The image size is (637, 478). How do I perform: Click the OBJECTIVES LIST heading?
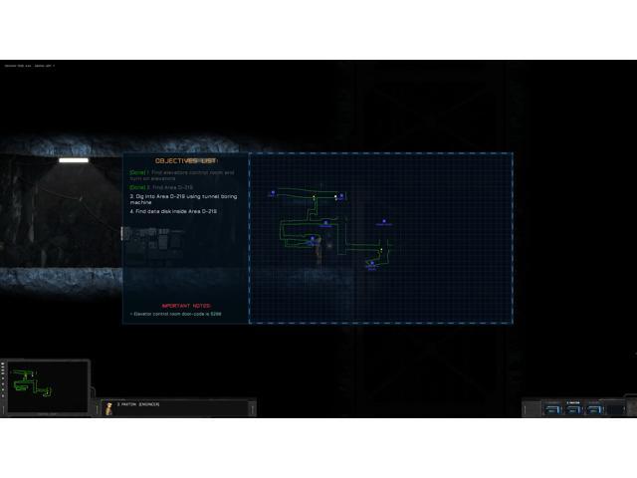185,160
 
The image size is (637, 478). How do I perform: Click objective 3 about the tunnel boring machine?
174,199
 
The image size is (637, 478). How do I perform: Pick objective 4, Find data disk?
174,211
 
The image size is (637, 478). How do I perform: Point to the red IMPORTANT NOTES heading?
185,305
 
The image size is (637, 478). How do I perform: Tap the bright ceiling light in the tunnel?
73,160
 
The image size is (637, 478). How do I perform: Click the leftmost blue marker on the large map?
272,193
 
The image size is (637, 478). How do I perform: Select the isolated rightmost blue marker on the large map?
383,222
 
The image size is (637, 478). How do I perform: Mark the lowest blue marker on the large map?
371,264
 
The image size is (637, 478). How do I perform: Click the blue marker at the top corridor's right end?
340,196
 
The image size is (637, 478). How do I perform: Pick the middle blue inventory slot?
572,407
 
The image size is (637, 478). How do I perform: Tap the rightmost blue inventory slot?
596,407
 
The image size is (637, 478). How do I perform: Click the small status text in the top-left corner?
30,66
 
